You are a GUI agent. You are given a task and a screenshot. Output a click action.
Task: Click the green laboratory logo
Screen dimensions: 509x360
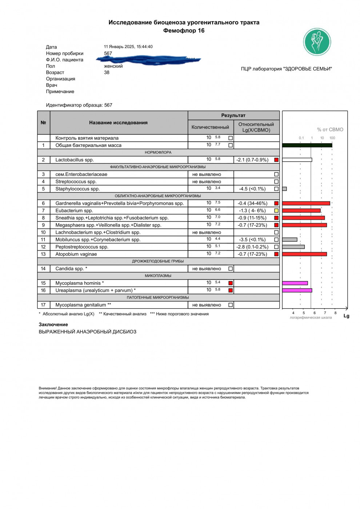(x=317, y=42)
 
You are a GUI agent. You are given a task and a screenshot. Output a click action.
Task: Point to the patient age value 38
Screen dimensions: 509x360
(x=107, y=72)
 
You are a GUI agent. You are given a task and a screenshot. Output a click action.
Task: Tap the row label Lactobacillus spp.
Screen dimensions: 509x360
(x=75, y=160)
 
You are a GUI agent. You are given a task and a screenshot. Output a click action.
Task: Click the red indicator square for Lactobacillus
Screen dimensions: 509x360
(x=276, y=160)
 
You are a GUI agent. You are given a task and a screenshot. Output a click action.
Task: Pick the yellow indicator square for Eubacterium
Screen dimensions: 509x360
(x=276, y=211)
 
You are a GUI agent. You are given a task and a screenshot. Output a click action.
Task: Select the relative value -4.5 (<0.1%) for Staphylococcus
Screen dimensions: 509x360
(x=252, y=189)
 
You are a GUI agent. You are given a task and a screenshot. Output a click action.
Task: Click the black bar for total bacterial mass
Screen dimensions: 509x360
(x=307, y=145)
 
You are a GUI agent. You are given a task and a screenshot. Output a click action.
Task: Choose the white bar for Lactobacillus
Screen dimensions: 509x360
(x=297, y=160)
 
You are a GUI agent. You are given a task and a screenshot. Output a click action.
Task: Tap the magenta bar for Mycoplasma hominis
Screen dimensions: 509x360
(x=295, y=283)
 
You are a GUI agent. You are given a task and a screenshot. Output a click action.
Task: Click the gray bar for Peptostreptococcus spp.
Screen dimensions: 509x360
(x=293, y=247)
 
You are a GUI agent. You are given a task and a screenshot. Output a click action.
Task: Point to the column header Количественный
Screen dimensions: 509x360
(x=210, y=127)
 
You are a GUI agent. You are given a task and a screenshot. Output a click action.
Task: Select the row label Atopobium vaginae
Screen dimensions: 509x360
(x=76, y=254)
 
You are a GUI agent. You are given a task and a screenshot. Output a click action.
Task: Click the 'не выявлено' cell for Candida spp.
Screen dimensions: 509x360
(x=207, y=269)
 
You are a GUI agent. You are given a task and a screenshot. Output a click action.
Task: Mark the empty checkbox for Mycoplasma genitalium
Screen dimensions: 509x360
(x=231, y=305)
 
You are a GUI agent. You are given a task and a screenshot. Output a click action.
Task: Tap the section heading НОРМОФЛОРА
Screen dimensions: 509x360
(x=158, y=152)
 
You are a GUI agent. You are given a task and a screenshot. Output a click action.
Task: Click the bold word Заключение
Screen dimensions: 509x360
(x=53, y=324)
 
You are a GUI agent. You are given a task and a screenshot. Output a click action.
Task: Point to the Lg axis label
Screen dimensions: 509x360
(x=346, y=316)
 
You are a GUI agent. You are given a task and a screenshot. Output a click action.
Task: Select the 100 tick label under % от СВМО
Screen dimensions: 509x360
(x=332, y=138)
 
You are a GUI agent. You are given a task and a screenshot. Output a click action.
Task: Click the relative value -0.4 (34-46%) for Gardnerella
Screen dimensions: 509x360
(x=252, y=203)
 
